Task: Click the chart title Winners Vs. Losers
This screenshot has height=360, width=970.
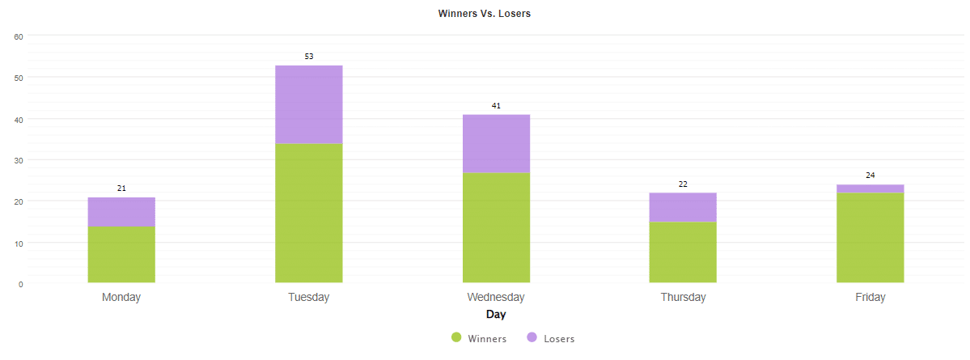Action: [484, 14]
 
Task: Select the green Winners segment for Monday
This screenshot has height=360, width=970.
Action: [121, 254]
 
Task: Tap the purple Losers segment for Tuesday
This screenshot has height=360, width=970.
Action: [308, 104]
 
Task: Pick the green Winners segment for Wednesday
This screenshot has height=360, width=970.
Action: [496, 227]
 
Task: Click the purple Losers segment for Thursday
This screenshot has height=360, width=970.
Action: [683, 207]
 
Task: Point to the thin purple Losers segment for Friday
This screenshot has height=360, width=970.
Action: [870, 188]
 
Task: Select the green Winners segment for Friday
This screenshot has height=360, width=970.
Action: [870, 237]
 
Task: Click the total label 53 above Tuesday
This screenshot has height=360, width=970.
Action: [309, 57]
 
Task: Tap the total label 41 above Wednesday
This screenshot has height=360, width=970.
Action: [497, 106]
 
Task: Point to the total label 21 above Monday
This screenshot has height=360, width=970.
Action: [121, 188]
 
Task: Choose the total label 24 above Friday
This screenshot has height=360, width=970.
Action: [870, 176]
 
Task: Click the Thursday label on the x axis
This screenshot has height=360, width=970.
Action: [683, 297]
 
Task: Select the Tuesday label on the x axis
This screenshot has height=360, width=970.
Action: [309, 297]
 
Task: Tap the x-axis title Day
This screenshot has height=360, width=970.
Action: [496, 314]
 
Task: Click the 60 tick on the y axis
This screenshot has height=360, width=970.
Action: [19, 36]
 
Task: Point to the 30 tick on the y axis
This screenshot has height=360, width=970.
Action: [19, 160]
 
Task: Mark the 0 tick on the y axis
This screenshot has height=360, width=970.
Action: [20, 284]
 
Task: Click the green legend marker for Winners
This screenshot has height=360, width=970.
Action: [456, 338]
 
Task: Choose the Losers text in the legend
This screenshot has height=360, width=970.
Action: [559, 339]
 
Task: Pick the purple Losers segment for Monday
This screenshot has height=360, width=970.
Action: [121, 212]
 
